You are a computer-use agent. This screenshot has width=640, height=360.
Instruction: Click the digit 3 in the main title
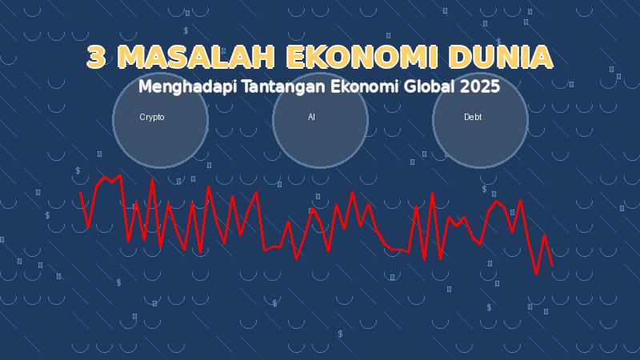[x=97, y=58]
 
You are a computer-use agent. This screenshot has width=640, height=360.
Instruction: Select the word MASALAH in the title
[x=196, y=58]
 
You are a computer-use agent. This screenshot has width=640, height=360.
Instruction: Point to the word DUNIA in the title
[x=500, y=58]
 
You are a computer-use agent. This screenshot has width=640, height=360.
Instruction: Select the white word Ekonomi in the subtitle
[x=354, y=86]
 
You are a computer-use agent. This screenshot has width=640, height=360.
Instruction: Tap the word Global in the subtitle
[x=426, y=86]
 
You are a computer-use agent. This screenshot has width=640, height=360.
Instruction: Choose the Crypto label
[x=152, y=118]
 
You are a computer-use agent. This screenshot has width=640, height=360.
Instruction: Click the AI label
[x=312, y=118]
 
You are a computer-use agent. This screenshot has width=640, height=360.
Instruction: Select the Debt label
[x=473, y=118]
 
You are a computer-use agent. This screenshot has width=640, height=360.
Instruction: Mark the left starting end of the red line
[x=80, y=193]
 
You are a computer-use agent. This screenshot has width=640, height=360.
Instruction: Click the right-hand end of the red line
[x=552, y=265]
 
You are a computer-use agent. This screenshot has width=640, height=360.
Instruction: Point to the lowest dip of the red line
[x=536, y=274]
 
